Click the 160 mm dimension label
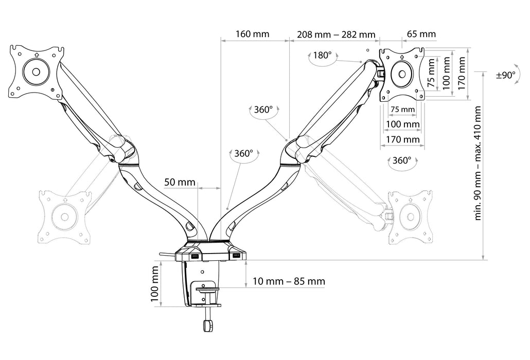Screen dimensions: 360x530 point(252,34)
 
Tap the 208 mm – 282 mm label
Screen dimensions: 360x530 point(336,34)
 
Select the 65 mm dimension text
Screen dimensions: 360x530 point(421,34)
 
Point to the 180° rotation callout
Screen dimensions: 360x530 point(322,55)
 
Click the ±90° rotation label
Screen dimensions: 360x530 point(505,75)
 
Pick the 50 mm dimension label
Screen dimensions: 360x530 point(180,182)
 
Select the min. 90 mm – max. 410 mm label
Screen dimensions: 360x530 point(478,164)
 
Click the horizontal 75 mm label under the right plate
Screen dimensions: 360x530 point(402,110)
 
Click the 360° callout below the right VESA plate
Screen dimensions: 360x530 point(401,160)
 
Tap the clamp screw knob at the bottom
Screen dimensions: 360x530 point(207,326)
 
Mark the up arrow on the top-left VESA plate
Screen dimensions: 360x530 point(36,56)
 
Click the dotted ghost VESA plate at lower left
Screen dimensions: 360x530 point(64,216)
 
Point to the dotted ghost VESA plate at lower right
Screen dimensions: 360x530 point(411,216)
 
